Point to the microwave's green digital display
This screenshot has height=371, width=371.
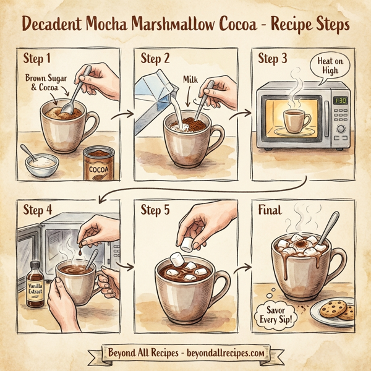coord(340,100)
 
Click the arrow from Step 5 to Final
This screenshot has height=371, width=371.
coord(242,268)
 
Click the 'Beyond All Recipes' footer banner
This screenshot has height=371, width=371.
coord(185,353)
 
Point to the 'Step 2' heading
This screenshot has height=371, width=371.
coord(155,59)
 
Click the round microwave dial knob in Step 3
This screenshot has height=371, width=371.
coord(340,129)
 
